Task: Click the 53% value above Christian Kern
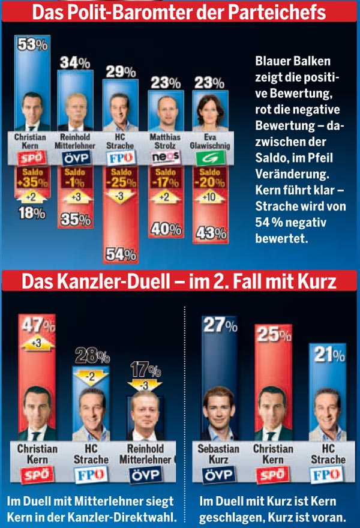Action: pyautogui.click(x=32, y=44)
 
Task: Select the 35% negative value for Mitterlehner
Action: pyautogui.click(x=75, y=220)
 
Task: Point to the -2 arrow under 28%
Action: pyautogui.click(x=90, y=377)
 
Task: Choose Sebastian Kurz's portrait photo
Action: pyautogui.click(x=218, y=414)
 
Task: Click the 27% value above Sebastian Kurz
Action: pyautogui.click(x=218, y=325)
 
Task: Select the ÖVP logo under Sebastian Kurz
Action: pyautogui.click(x=218, y=475)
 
